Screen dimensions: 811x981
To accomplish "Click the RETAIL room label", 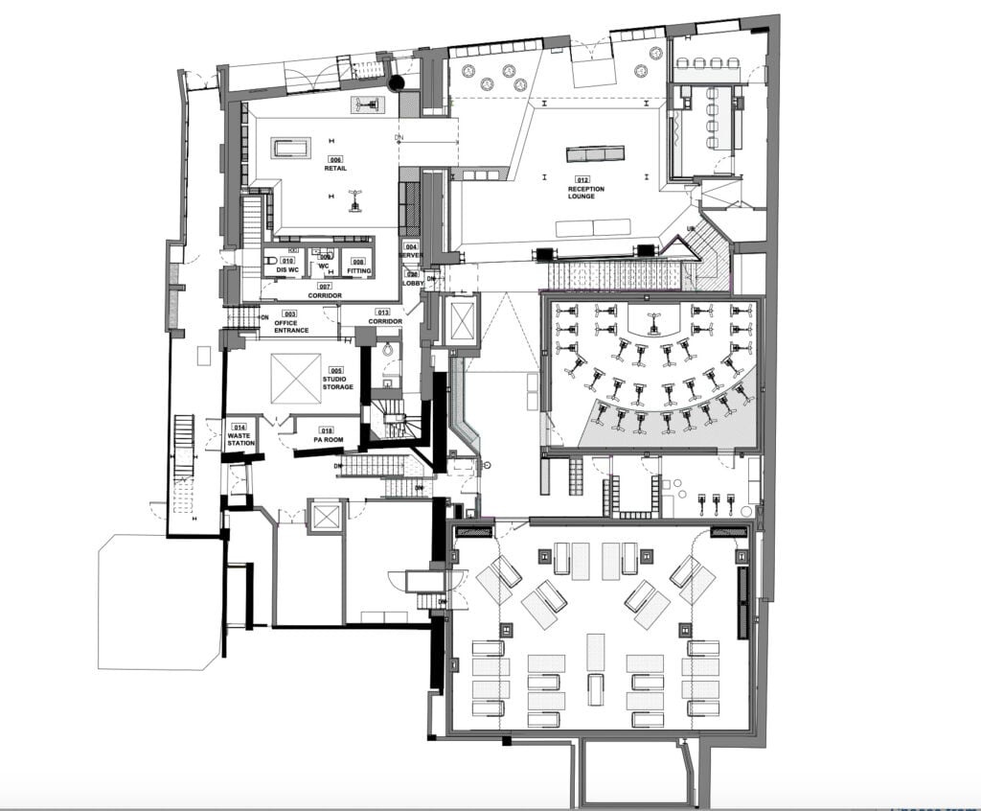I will (x=335, y=169).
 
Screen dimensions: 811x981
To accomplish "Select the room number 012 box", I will (x=582, y=180).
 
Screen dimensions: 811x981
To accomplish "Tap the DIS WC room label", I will (x=287, y=270).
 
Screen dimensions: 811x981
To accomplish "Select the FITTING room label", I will (x=358, y=271).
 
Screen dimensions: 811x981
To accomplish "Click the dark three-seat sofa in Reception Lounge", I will (x=595, y=154).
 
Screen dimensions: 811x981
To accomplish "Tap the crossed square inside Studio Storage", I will (x=296, y=378).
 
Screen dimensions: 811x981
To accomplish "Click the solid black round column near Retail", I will (x=394, y=82).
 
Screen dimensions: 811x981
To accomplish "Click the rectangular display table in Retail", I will (x=292, y=148).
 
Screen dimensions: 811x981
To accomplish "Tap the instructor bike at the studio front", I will (x=655, y=320).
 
